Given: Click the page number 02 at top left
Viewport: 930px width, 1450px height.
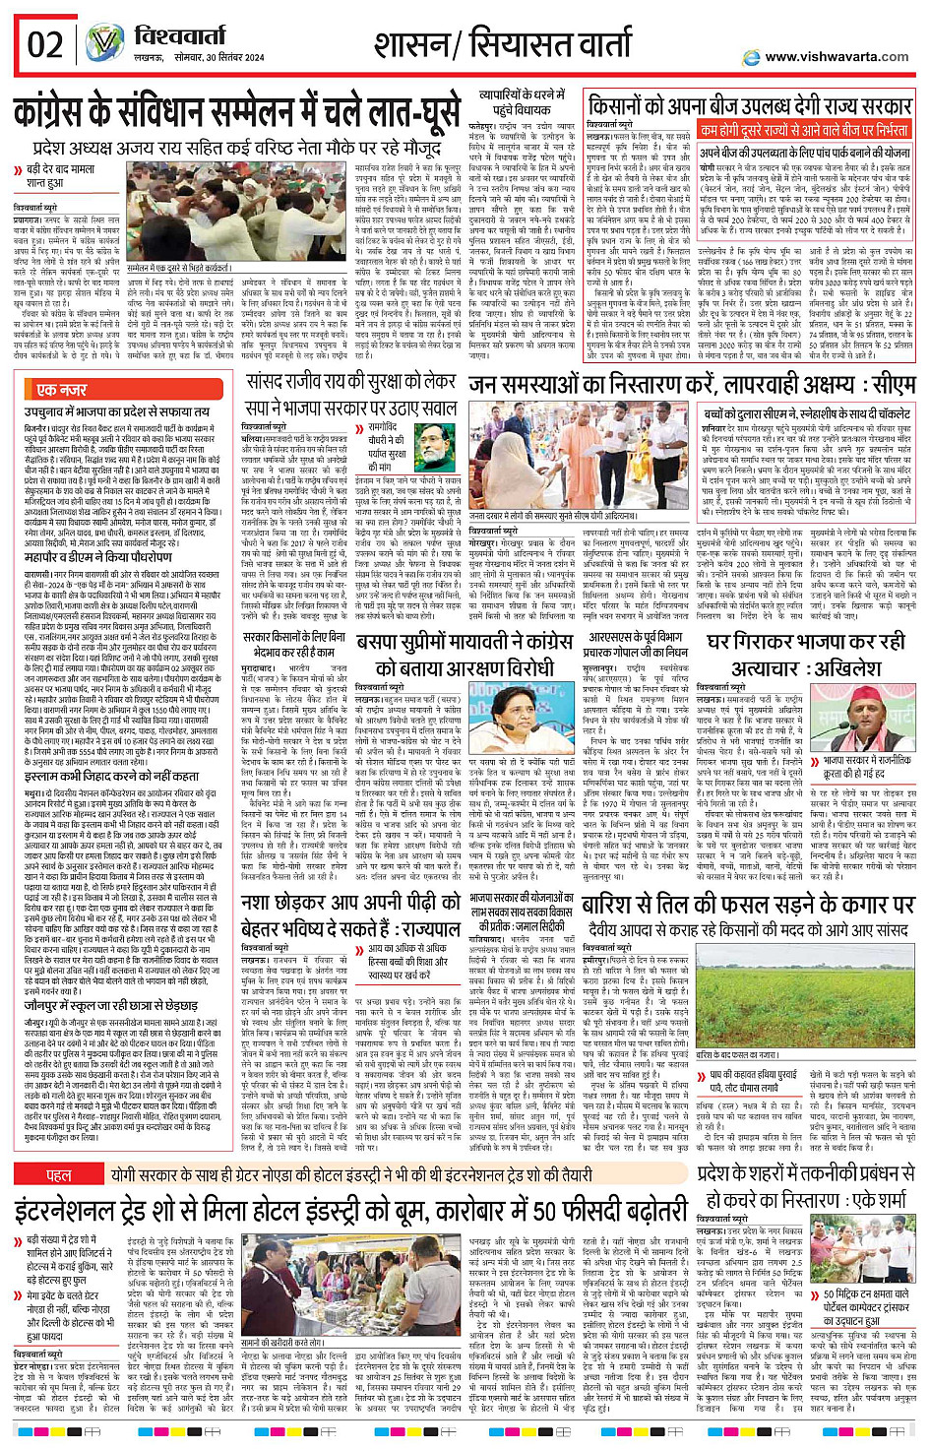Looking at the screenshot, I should click(x=44, y=44).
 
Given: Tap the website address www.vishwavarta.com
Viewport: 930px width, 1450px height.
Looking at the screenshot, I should click(x=836, y=57).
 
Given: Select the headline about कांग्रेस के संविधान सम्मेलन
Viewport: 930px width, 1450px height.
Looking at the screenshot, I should click(x=236, y=114).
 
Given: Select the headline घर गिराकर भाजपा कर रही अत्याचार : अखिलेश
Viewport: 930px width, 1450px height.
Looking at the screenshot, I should click(x=806, y=655).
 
